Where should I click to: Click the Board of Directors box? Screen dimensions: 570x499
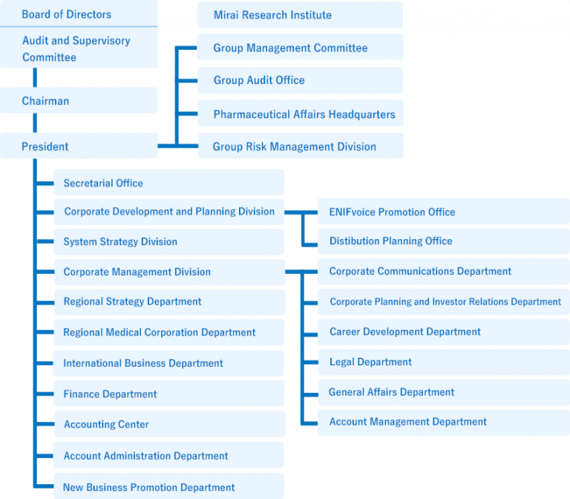point(79,13)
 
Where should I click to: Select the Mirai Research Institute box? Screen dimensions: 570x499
point(300,15)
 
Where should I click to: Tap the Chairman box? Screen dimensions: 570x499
point(79,100)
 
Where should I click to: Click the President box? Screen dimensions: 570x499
point(79,146)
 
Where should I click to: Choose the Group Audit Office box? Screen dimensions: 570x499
point(300,80)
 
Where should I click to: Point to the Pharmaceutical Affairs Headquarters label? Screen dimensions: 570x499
point(304,114)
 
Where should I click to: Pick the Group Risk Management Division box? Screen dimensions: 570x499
point(301,146)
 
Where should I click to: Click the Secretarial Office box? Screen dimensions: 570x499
point(169,182)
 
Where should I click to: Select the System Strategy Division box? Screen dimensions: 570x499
point(169,242)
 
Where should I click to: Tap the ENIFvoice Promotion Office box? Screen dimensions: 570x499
point(444,212)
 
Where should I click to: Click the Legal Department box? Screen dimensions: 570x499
point(444,362)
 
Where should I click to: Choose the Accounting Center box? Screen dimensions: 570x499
point(170,424)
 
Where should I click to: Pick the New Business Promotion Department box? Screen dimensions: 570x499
point(169,486)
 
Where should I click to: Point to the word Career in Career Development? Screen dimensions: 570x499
point(344,331)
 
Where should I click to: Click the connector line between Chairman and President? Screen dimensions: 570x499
point(35,123)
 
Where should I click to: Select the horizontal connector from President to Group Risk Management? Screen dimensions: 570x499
point(178,146)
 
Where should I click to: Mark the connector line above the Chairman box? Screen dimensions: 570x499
point(35,77)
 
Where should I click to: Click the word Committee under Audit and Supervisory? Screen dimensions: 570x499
point(49,57)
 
